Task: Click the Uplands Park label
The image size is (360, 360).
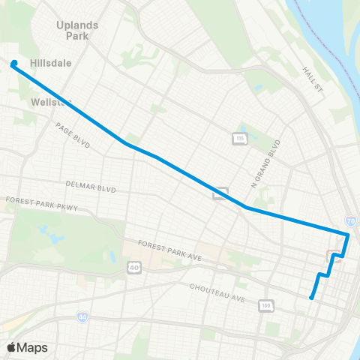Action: [x=77, y=29]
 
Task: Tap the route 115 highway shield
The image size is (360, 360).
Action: [x=239, y=139]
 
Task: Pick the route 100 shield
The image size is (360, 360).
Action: [x=265, y=305]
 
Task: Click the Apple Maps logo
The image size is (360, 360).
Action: [x=27, y=347]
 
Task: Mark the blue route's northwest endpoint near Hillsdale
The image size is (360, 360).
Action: [x=14, y=64]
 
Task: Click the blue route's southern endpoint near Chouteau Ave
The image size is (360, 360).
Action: [x=311, y=298]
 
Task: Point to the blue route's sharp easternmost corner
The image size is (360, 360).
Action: [x=348, y=235]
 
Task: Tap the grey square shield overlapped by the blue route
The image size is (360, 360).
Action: [x=220, y=193]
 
